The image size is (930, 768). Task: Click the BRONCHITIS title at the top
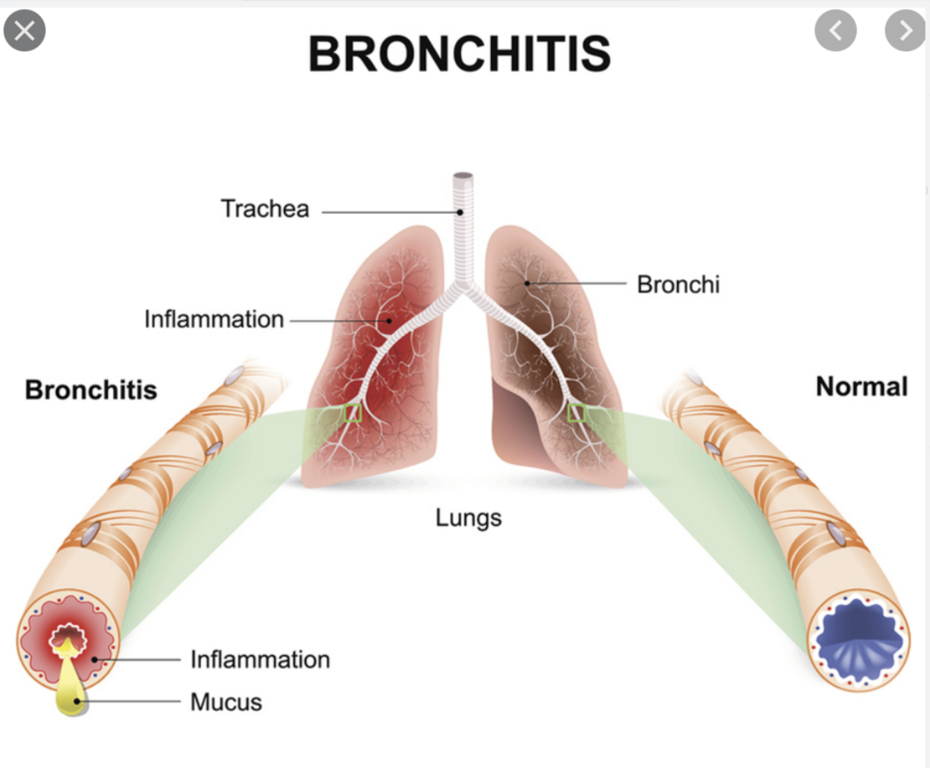coord(459,54)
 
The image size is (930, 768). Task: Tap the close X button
coord(24,31)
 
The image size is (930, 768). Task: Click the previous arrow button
coord(835,31)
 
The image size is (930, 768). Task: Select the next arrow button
coord(905,31)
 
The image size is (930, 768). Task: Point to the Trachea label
coord(265,208)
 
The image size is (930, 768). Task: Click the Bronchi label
coord(678,284)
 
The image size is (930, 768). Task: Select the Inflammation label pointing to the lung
coord(214,319)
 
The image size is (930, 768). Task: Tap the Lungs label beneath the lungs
coord(468,518)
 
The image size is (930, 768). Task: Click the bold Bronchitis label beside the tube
coord(91,390)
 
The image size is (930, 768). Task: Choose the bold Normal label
coord(862,386)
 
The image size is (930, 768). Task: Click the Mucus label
coord(226,702)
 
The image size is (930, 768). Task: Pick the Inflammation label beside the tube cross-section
coord(260,659)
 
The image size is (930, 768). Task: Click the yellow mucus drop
coord(70,690)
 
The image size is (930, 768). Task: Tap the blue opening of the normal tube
coord(858,637)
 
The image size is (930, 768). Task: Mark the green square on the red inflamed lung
coord(353,413)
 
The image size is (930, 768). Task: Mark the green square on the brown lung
coord(577,413)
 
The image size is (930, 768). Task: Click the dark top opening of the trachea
coord(463,176)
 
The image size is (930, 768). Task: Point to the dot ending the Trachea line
coord(460,212)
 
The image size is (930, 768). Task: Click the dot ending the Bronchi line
coord(527,283)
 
